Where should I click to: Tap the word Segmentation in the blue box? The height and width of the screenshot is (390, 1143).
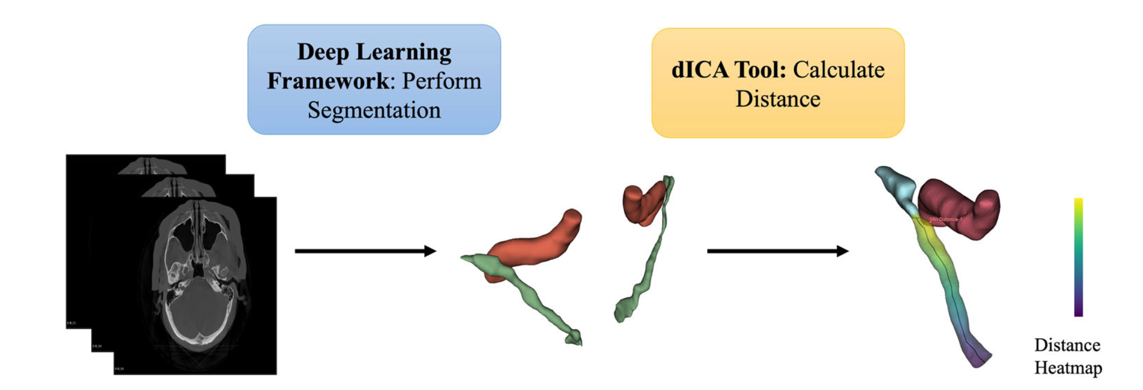click(x=374, y=110)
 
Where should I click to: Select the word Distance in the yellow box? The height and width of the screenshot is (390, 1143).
click(x=778, y=99)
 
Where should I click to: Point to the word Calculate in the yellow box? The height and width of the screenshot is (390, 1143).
click(x=838, y=70)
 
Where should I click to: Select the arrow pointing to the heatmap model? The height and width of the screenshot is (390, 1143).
click(x=777, y=251)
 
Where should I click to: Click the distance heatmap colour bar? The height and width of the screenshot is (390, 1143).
click(x=1078, y=257)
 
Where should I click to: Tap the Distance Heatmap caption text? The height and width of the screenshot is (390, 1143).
click(x=1068, y=356)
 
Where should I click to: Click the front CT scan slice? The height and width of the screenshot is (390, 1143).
click(x=195, y=285)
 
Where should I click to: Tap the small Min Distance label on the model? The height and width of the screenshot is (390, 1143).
click(x=945, y=219)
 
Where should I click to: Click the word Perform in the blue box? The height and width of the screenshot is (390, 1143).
click(x=441, y=81)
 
